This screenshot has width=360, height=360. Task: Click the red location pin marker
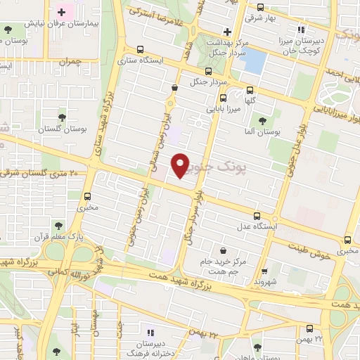(x=180, y=165)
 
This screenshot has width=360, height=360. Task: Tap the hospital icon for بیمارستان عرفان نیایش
(x=62, y=12)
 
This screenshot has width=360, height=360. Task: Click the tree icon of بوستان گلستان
(x=62, y=115)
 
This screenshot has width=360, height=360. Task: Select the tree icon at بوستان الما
(x=262, y=121)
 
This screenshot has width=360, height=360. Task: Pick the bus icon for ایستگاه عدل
(x=257, y=216)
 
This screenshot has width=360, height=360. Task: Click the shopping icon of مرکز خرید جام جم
(x=223, y=250)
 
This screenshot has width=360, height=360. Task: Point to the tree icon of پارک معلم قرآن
(x=57, y=226)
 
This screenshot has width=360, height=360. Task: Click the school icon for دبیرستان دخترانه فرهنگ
(x=148, y=332)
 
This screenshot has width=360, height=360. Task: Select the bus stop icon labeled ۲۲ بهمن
(x=310, y=328)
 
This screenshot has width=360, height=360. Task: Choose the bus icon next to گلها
(x=250, y=89)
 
